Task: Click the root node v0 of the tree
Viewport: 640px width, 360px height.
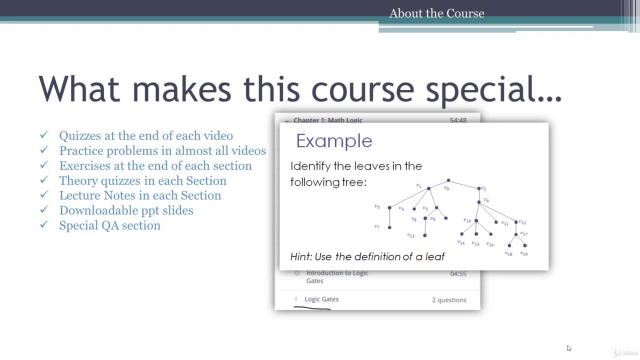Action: [x=448, y=180]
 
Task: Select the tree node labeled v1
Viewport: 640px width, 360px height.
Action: [x=428, y=188]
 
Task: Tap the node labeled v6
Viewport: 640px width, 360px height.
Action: [x=479, y=202]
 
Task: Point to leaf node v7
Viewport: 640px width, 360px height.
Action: [x=389, y=227]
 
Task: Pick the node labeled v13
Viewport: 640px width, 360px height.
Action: [x=424, y=235]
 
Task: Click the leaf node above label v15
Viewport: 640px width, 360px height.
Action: [x=476, y=234]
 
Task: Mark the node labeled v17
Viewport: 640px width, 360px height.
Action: [x=516, y=234]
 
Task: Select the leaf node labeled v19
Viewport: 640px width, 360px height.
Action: [x=525, y=245]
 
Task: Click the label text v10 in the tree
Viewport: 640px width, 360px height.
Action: [x=467, y=220]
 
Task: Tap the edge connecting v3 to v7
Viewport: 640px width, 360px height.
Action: [x=389, y=217]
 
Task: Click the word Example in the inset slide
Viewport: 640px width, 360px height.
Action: [x=334, y=141]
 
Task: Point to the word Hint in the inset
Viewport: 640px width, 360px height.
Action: [x=300, y=256]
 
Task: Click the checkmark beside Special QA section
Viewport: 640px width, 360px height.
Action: [x=44, y=225]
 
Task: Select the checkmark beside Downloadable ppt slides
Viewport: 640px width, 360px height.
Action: [x=44, y=210]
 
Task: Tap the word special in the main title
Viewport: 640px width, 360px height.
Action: [x=493, y=90]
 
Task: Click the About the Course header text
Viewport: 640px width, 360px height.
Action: [x=436, y=13]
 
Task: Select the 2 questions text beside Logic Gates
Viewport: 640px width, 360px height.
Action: [x=449, y=300]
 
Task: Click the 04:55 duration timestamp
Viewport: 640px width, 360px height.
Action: [x=458, y=274]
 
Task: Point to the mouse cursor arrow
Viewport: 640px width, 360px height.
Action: [x=568, y=348]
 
